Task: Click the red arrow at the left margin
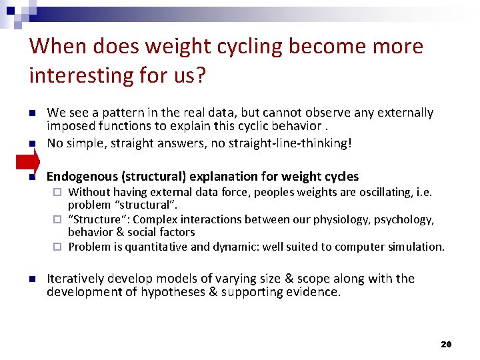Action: (27, 162)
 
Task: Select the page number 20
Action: (446, 344)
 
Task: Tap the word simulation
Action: (414, 247)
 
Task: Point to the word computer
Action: (357, 247)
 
